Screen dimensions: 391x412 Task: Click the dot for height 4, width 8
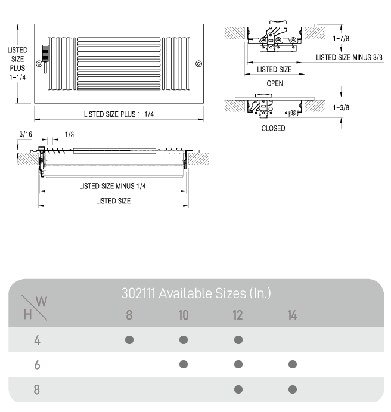[x=129, y=340]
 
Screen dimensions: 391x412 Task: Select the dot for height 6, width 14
[x=293, y=364]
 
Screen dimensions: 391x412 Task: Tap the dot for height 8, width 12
[x=238, y=389]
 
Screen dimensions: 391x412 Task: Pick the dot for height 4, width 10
[x=184, y=340]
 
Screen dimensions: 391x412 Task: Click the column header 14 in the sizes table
[x=292, y=315]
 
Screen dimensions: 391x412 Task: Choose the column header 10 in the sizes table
[x=184, y=315]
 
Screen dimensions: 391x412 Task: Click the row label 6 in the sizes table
[x=37, y=365]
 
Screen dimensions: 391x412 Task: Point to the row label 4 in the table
[x=37, y=340]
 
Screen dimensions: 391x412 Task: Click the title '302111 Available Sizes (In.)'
[x=196, y=293]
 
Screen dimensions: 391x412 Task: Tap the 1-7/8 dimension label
[x=341, y=38]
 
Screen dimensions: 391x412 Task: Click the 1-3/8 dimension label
[x=341, y=107]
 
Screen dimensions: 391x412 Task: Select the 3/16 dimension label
[x=26, y=134]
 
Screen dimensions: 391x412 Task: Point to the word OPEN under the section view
[x=275, y=83]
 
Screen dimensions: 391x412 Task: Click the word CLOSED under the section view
[x=274, y=128]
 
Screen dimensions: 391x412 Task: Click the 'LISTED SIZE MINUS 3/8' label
[x=349, y=57]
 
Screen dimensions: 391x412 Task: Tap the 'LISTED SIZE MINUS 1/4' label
[x=113, y=186]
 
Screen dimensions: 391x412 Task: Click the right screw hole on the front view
[x=199, y=64]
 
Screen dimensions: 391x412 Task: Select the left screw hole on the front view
[x=39, y=64]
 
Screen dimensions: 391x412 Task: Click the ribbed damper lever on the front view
[x=45, y=54]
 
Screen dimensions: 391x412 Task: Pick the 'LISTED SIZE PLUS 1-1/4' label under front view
[x=119, y=114]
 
